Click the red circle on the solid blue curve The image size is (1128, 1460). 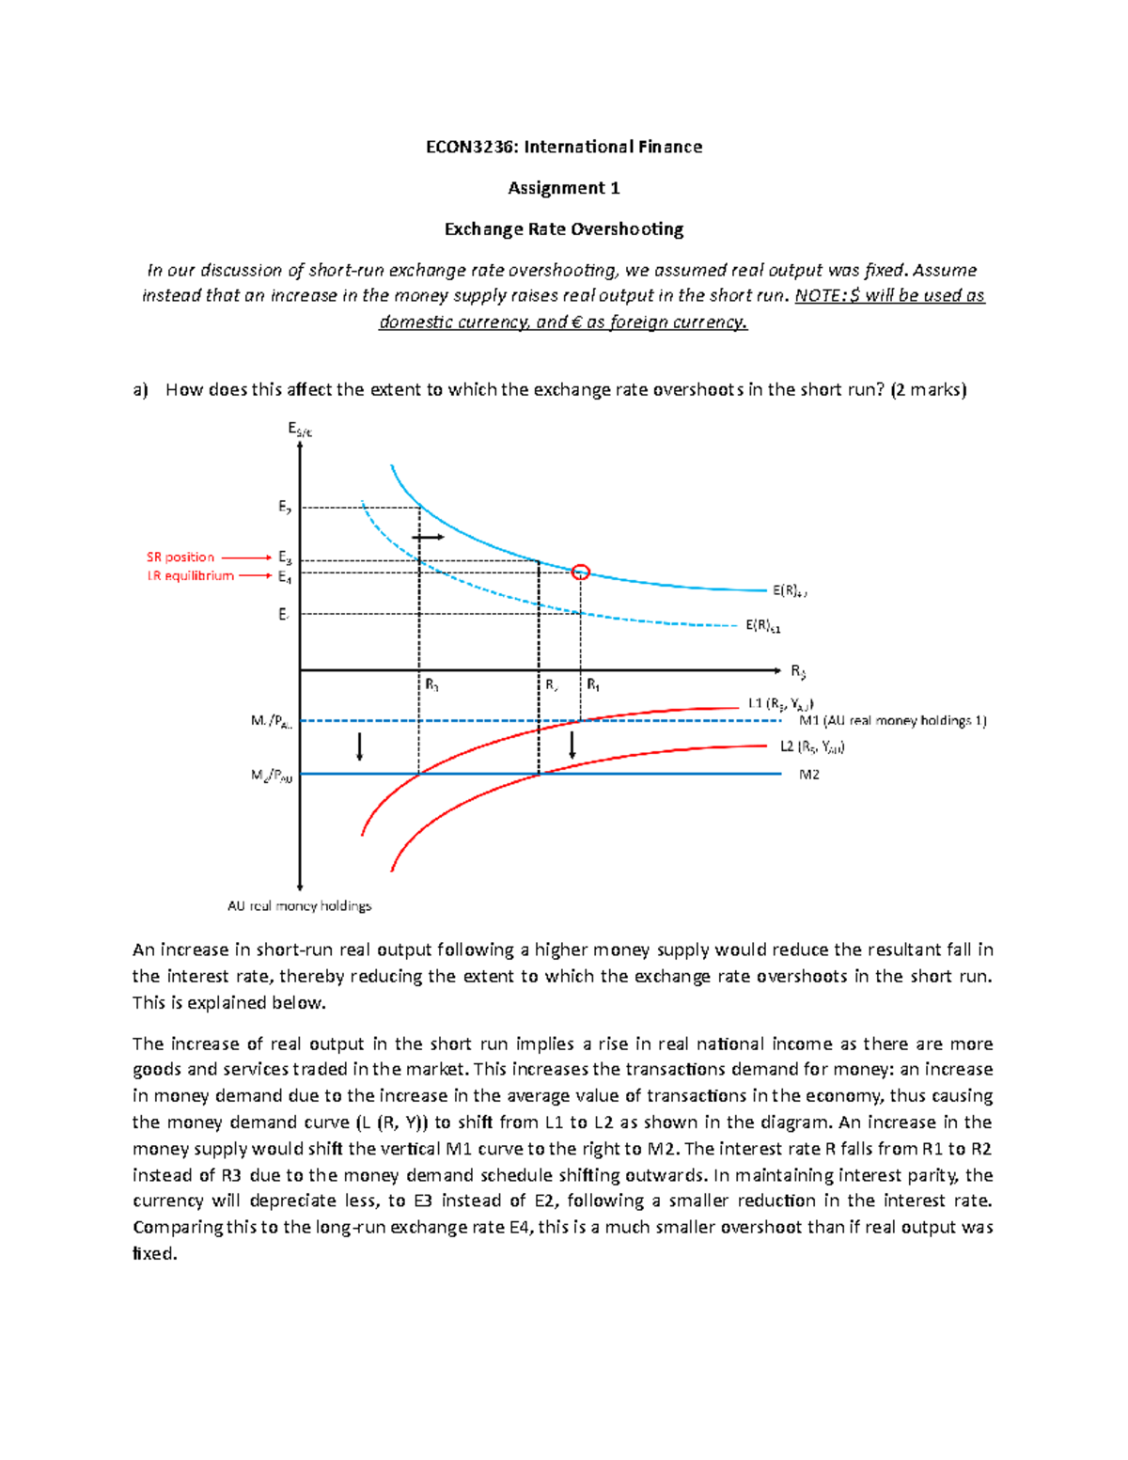coord(581,572)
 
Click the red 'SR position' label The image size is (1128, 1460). coord(180,557)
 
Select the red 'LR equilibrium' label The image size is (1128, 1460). coord(191,576)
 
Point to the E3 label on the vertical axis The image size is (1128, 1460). coord(284,557)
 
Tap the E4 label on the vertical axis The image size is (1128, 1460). coord(284,577)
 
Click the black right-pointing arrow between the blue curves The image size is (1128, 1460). coord(429,537)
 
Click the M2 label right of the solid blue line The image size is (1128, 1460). coord(808,775)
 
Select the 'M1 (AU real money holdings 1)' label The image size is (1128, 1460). coord(892,721)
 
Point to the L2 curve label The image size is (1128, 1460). coord(812,747)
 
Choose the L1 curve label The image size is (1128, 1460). coord(780,703)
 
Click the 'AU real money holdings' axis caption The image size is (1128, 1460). coord(299,906)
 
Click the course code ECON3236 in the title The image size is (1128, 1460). coord(470,147)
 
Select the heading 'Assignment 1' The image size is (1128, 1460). coord(563,188)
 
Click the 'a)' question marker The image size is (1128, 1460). coord(140,390)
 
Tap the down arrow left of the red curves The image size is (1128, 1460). coord(359,746)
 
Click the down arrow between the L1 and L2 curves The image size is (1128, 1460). coord(572,745)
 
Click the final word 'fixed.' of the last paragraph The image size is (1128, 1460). coord(155,1254)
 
